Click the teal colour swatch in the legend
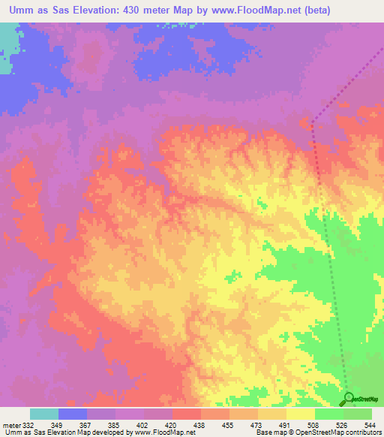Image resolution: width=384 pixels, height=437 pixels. [43, 414]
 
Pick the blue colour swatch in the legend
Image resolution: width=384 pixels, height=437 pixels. [73, 414]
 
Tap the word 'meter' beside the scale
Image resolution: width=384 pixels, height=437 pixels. [9, 424]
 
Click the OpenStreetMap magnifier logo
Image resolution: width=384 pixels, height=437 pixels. [349, 398]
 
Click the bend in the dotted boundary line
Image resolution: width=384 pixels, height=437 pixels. [312, 120]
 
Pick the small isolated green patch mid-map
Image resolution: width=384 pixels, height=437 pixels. [261, 203]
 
